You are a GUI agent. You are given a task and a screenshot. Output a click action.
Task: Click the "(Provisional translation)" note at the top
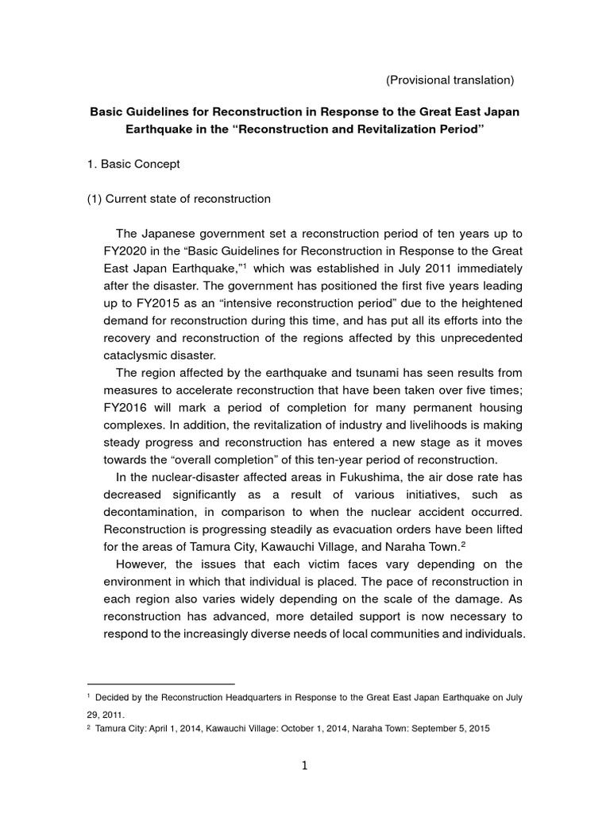point(450,80)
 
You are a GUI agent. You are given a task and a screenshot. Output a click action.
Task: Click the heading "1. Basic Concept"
point(133,164)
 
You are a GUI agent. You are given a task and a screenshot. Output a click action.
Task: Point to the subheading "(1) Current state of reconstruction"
point(179,199)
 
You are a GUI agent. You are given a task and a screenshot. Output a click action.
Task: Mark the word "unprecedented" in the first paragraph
point(483,338)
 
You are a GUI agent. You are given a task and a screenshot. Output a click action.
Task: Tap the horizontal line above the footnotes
point(160,683)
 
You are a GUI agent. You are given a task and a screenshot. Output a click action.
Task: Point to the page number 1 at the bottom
point(305,766)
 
